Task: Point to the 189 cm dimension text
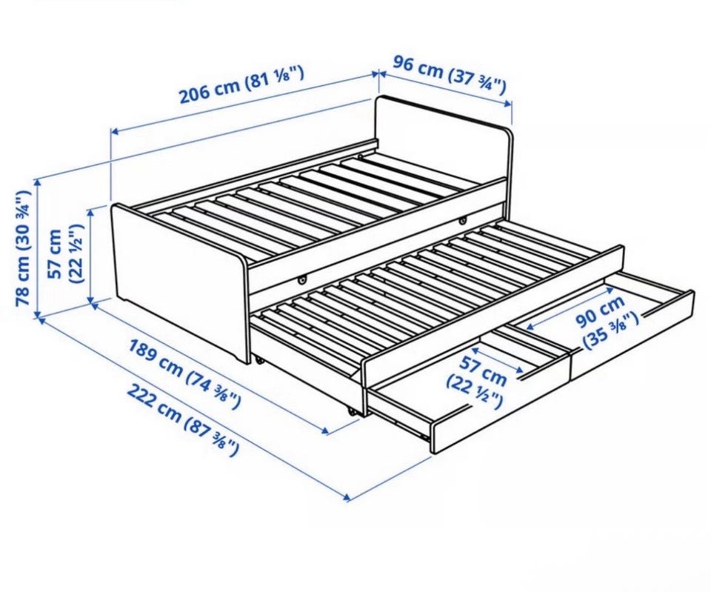click(x=185, y=374)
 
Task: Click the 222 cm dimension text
click(x=182, y=419)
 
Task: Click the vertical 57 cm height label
click(x=65, y=254)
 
